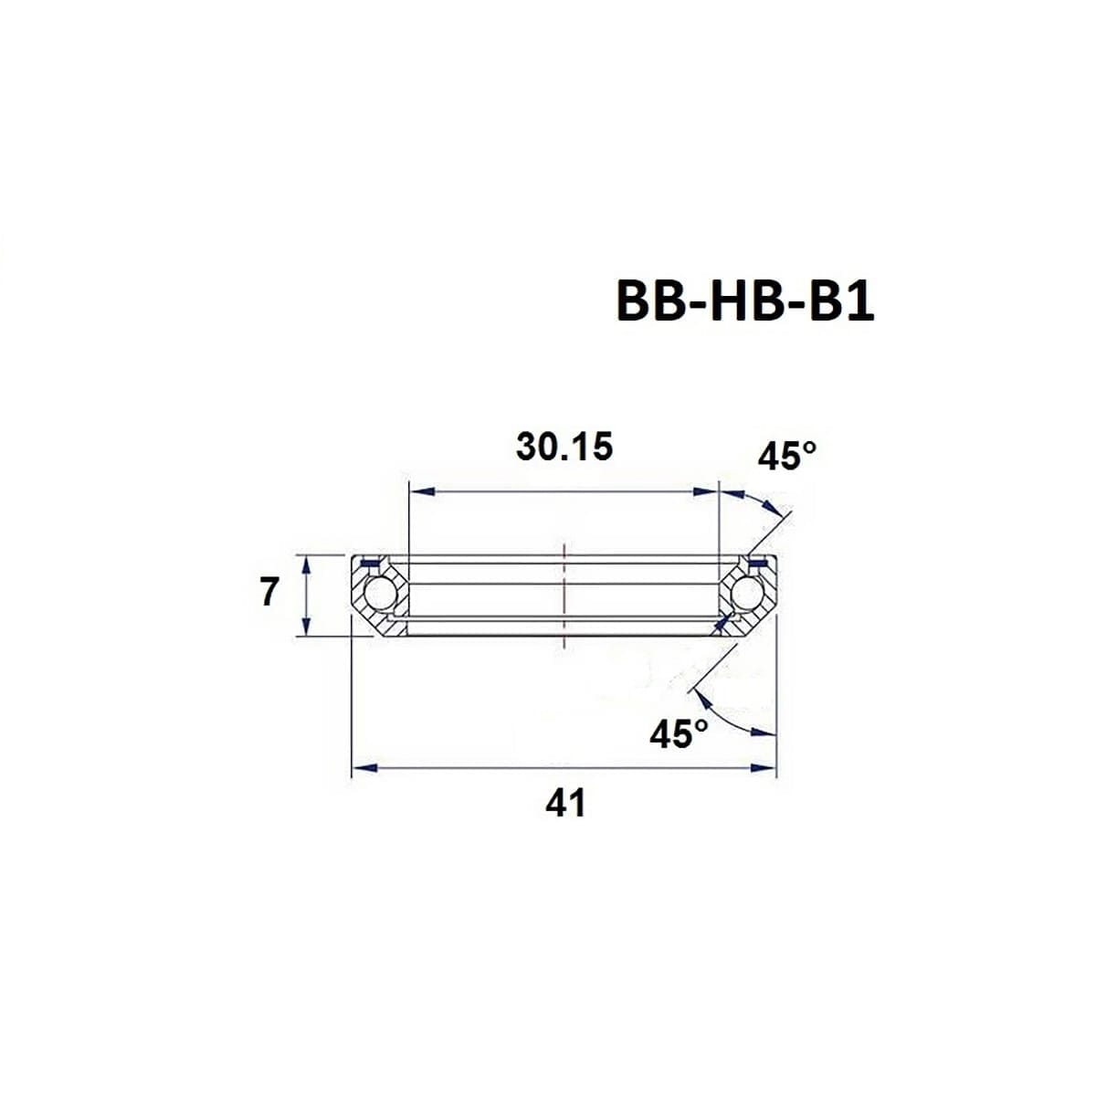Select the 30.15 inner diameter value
click(564, 448)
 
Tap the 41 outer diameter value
click(564, 804)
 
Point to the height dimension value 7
click(269, 593)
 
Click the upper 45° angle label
click(786, 456)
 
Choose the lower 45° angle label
click(679, 733)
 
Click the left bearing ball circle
click(378, 594)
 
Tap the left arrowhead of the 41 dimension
click(364, 768)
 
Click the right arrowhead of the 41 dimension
click(764, 768)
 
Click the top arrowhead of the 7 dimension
click(308, 566)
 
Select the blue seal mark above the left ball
click(369, 562)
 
